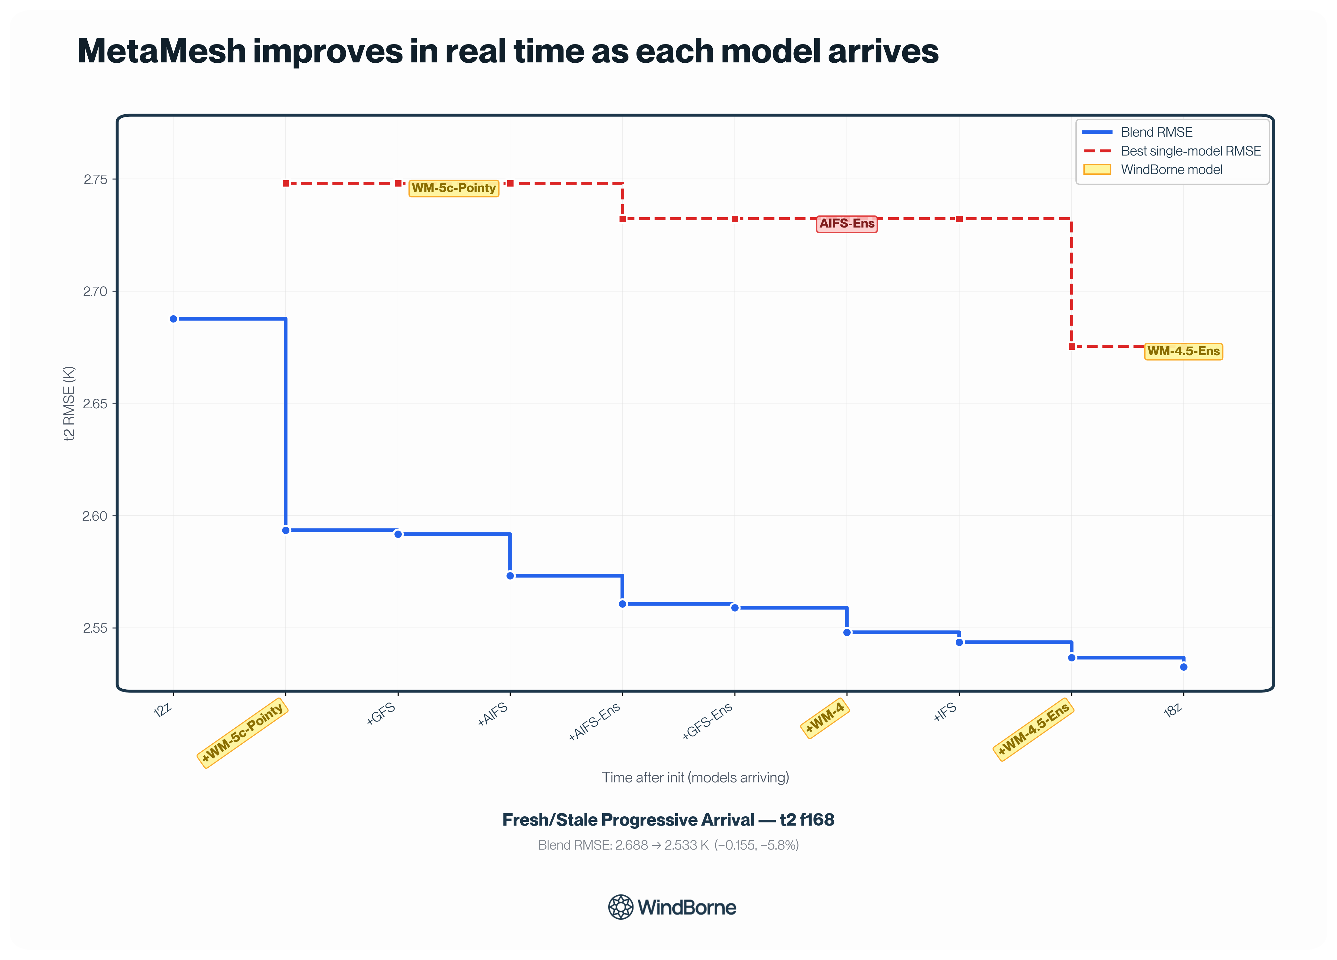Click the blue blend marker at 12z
pyautogui.click(x=173, y=319)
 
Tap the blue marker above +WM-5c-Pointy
pyautogui.click(x=286, y=530)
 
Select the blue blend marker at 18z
pyautogui.click(x=1184, y=667)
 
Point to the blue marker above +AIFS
pyautogui.click(x=511, y=576)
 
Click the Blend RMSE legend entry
pyautogui.click(x=1138, y=132)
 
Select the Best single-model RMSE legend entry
pyautogui.click(x=1172, y=151)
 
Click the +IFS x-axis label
pyautogui.click(x=945, y=712)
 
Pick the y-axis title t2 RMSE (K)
pyautogui.click(x=69, y=403)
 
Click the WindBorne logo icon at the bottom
pyautogui.click(x=621, y=907)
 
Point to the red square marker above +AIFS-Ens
pyautogui.click(x=622, y=219)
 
